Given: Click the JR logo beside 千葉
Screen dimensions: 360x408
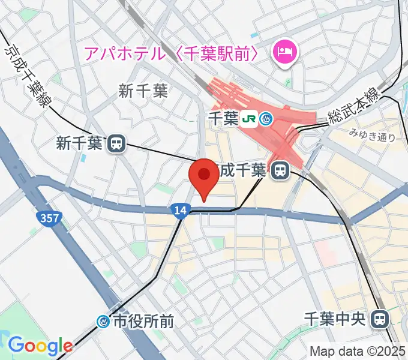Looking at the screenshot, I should pos(248,119).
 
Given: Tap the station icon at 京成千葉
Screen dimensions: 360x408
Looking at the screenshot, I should pos(279,171).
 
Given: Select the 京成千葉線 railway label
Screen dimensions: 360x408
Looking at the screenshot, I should pos(28,75).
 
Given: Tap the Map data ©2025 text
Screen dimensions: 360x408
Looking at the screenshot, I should pos(358,351).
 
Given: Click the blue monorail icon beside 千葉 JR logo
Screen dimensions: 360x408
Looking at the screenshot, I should pos(266,119).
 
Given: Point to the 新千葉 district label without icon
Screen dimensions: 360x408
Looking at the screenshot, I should pos(143,91).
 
